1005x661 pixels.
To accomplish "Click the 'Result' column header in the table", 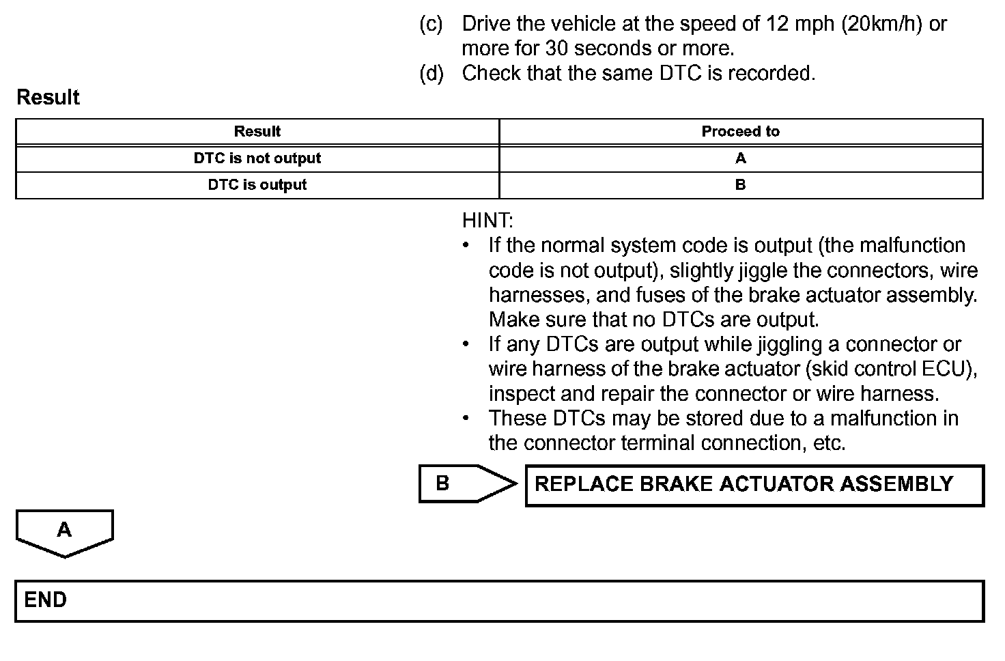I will click(257, 132).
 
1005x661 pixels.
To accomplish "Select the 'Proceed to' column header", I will click(740, 132).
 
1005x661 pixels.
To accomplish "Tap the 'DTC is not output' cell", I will click(257, 158).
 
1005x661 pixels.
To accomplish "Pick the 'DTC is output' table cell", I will click(257, 185).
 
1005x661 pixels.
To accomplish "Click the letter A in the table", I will click(741, 158).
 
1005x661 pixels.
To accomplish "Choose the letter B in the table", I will click(741, 185).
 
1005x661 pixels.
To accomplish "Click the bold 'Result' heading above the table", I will click(48, 98).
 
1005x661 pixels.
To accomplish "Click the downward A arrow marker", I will click(64, 532).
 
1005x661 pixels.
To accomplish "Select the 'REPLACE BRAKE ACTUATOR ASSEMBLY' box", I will click(754, 485).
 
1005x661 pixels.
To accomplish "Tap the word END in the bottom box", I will click(46, 600).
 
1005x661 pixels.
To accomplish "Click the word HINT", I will click(487, 221).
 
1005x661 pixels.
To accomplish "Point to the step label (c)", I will click(431, 24).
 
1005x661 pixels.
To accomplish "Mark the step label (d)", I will click(431, 73).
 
